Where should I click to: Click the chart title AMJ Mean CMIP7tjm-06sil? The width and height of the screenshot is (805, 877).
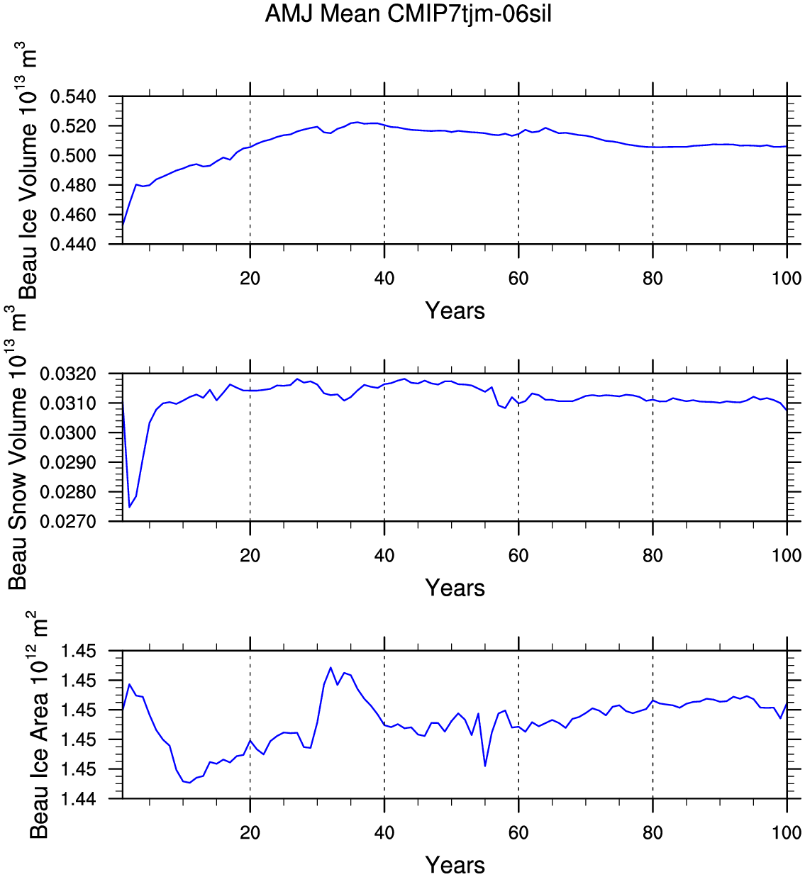tap(408, 14)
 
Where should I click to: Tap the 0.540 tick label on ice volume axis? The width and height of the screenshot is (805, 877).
tap(73, 96)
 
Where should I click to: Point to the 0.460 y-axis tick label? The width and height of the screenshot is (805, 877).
tap(73, 215)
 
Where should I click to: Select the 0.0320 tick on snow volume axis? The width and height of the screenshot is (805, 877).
tap(68, 374)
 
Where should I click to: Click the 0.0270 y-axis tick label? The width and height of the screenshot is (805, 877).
tap(68, 522)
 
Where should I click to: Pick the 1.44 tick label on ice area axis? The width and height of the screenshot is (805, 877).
tap(78, 799)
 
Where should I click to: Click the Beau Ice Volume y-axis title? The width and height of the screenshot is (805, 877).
tap(28, 170)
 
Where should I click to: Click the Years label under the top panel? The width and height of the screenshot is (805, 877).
tap(455, 311)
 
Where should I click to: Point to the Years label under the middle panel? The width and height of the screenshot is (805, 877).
tap(455, 588)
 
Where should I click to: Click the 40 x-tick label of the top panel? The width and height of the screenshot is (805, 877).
tap(384, 278)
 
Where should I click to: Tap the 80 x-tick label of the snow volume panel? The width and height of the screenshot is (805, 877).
tap(653, 555)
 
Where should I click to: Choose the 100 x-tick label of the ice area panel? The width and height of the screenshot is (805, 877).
tap(787, 832)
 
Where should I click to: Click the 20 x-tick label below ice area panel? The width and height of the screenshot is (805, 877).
tap(250, 832)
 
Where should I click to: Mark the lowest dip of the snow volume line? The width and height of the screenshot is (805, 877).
tap(130, 507)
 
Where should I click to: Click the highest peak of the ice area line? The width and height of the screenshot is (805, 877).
tap(331, 667)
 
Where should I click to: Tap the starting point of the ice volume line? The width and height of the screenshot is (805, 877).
tap(123, 225)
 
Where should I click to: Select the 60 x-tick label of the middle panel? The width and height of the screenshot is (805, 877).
tap(518, 555)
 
